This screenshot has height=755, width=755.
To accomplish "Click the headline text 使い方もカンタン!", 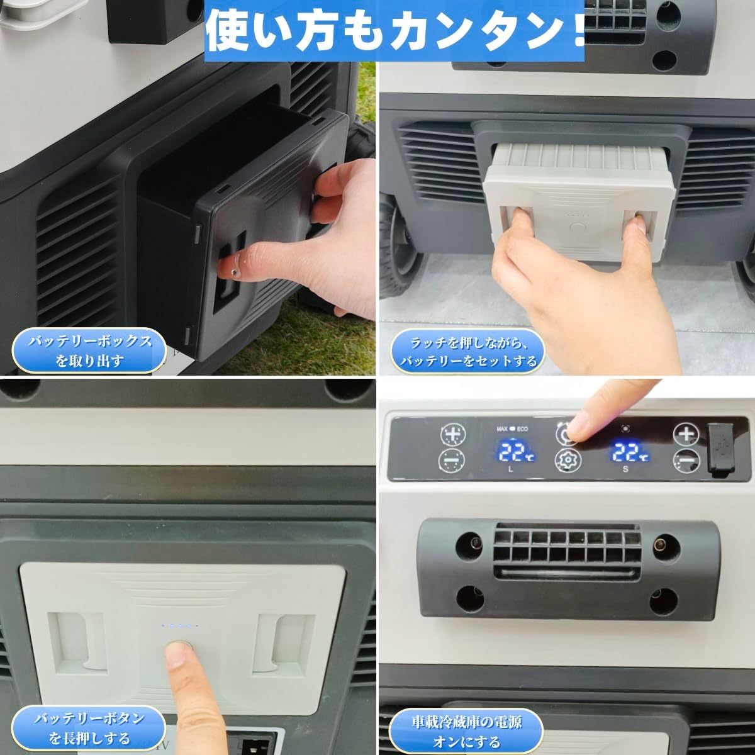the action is (394, 30).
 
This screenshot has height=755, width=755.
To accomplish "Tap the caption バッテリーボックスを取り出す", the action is (89, 350).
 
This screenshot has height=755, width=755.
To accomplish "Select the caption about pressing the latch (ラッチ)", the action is (468, 352).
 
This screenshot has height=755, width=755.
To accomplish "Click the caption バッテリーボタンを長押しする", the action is (89, 729).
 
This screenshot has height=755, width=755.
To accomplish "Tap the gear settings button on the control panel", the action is (568, 460).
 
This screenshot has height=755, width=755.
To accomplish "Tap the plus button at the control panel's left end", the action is (453, 434).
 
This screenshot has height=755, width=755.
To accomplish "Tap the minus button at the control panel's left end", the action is (451, 461).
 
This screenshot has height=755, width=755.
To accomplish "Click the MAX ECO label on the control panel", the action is (512, 429).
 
